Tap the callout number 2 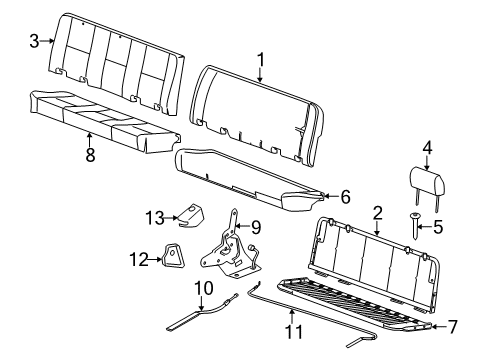pyautogui.click(x=377, y=211)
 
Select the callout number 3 pyautogui.click(x=34, y=40)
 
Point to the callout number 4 pyautogui.click(x=427, y=150)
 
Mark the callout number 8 pyautogui.click(x=89, y=155)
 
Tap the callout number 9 pyautogui.click(x=255, y=227)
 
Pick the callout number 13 pyautogui.click(x=154, y=218)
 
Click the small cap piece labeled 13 pyautogui.click(x=186, y=214)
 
